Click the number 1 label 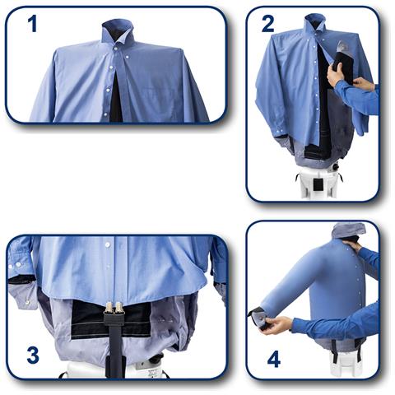point(33,24)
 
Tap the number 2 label point(268,24)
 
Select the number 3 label point(32,355)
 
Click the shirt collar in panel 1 point(118,35)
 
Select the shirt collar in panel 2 point(314,25)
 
